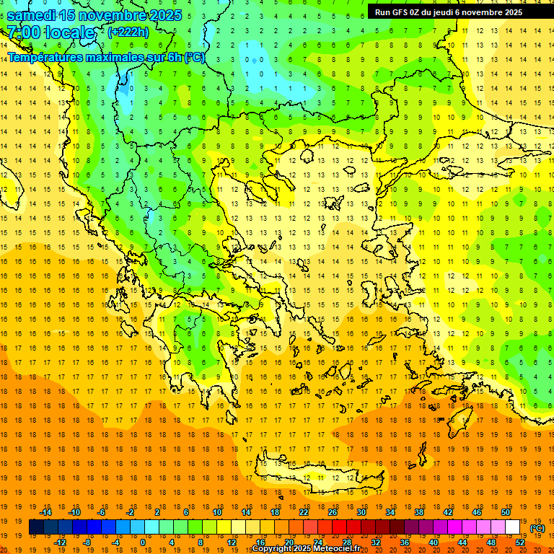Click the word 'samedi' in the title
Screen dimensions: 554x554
pyautogui.click(x=32, y=15)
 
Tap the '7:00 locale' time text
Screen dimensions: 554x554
pyautogui.click(x=51, y=32)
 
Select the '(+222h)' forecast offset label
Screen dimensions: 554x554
pyautogui.click(x=128, y=32)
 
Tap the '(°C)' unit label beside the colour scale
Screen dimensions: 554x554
pyautogui.click(x=537, y=528)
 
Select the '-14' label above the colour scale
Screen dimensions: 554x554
pyautogui.click(x=45, y=511)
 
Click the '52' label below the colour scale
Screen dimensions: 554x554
pyautogui.click(x=520, y=542)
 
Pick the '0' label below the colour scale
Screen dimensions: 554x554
pyautogui.click(x=142, y=542)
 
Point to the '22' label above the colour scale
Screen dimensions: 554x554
pyautogui.click(x=304, y=511)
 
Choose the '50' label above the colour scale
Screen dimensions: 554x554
pyautogui.click(x=506, y=511)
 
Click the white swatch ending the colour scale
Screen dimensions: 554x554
pyautogui.click(x=512, y=527)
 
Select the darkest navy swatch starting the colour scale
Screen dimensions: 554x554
pyautogui.click(x=36, y=527)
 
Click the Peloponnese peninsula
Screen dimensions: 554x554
pyautogui.click(x=209, y=361)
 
